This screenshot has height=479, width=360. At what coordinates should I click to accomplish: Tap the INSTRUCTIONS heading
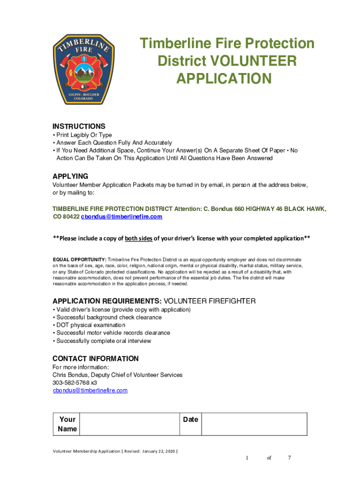pos(79,126)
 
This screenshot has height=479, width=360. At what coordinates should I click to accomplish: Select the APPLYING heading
pos(70,176)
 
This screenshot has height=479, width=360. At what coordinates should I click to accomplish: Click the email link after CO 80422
pos(122,217)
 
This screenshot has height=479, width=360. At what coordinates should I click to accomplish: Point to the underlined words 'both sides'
pos(138,238)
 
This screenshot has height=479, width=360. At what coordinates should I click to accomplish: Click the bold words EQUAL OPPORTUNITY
pos(79,259)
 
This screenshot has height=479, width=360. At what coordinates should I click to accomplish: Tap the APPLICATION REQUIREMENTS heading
pos(107,301)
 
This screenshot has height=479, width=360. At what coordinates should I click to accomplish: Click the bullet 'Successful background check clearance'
pos(109,317)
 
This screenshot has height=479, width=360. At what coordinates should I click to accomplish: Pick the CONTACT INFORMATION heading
pos(95,359)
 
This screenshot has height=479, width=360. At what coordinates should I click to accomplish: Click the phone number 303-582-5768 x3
pos(74,383)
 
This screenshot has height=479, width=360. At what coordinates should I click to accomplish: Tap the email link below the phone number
pos(90,390)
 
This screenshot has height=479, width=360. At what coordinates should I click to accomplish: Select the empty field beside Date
pos(254,424)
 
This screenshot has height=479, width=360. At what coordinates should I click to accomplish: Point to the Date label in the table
pos(191,420)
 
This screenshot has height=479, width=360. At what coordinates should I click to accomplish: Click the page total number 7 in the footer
pos(289,457)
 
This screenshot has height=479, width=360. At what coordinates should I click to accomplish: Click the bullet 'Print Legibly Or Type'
pos(84,135)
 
